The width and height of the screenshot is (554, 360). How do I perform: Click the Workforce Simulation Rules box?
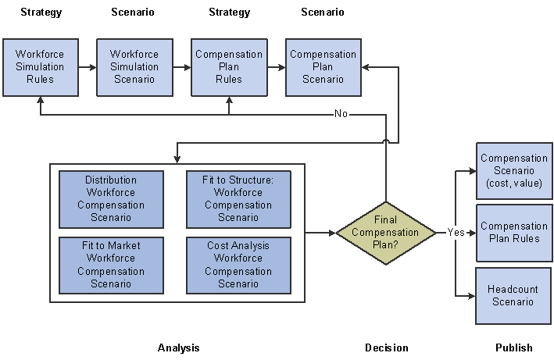click(x=40, y=67)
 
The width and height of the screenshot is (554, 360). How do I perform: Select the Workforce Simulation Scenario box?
click(x=134, y=67)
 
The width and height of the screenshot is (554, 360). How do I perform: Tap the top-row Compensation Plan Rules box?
click(x=229, y=67)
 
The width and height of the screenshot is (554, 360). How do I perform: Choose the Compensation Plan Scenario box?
click(x=323, y=67)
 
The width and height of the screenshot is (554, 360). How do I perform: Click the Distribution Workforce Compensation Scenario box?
click(x=111, y=199)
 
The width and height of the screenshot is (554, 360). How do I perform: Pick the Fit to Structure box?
click(x=238, y=199)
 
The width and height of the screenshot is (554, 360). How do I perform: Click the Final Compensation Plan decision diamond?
click(x=386, y=233)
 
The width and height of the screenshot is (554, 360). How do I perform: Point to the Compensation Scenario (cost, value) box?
click(x=513, y=171)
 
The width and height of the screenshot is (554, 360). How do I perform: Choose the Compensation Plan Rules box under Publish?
click(x=513, y=233)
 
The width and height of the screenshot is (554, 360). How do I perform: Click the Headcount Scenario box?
click(x=513, y=296)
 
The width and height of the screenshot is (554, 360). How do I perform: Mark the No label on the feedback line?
click(x=341, y=114)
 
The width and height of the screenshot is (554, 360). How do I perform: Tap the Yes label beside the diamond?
click(x=456, y=233)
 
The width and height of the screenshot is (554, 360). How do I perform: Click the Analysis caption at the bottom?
click(x=178, y=348)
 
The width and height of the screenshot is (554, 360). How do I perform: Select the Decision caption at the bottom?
click(x=386, y=348)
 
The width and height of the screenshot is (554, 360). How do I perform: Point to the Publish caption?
click(x=513, y=348)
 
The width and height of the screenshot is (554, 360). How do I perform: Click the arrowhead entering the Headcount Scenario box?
click(x=471, y=296)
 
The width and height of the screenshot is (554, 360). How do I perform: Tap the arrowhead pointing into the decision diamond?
click(x=332, y=233)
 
